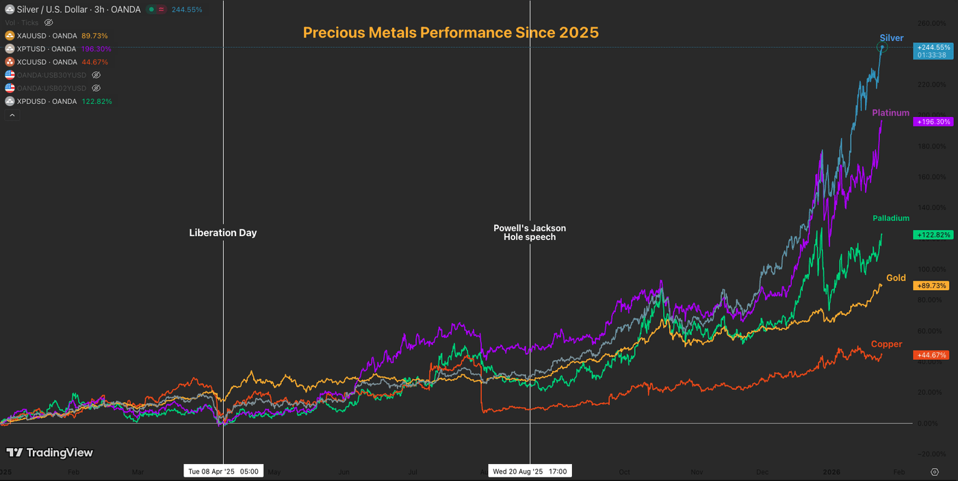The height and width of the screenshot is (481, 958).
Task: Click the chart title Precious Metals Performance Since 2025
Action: point(450,32)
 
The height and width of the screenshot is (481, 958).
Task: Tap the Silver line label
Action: point(892,38)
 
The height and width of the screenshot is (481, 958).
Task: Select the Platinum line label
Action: point(890,113)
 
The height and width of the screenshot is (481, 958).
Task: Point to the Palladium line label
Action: point(891,218)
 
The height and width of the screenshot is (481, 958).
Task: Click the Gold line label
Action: point(896,278)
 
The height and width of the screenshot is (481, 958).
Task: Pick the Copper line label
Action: point(886,344)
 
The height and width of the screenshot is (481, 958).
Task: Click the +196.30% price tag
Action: point(932,122)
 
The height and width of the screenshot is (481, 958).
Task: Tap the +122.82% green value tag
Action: point(932,235)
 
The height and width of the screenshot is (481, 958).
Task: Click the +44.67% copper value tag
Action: point(932,355)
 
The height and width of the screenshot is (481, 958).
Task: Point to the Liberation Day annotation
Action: point(223,233)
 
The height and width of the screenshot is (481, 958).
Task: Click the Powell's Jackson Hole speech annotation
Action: point(530,233)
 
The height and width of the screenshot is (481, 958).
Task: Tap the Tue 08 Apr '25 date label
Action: point(224,471)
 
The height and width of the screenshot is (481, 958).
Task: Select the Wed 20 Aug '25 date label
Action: point(530,471)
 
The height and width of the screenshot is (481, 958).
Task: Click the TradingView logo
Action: point(49,452)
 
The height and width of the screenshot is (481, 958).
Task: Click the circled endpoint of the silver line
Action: point(882,47)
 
